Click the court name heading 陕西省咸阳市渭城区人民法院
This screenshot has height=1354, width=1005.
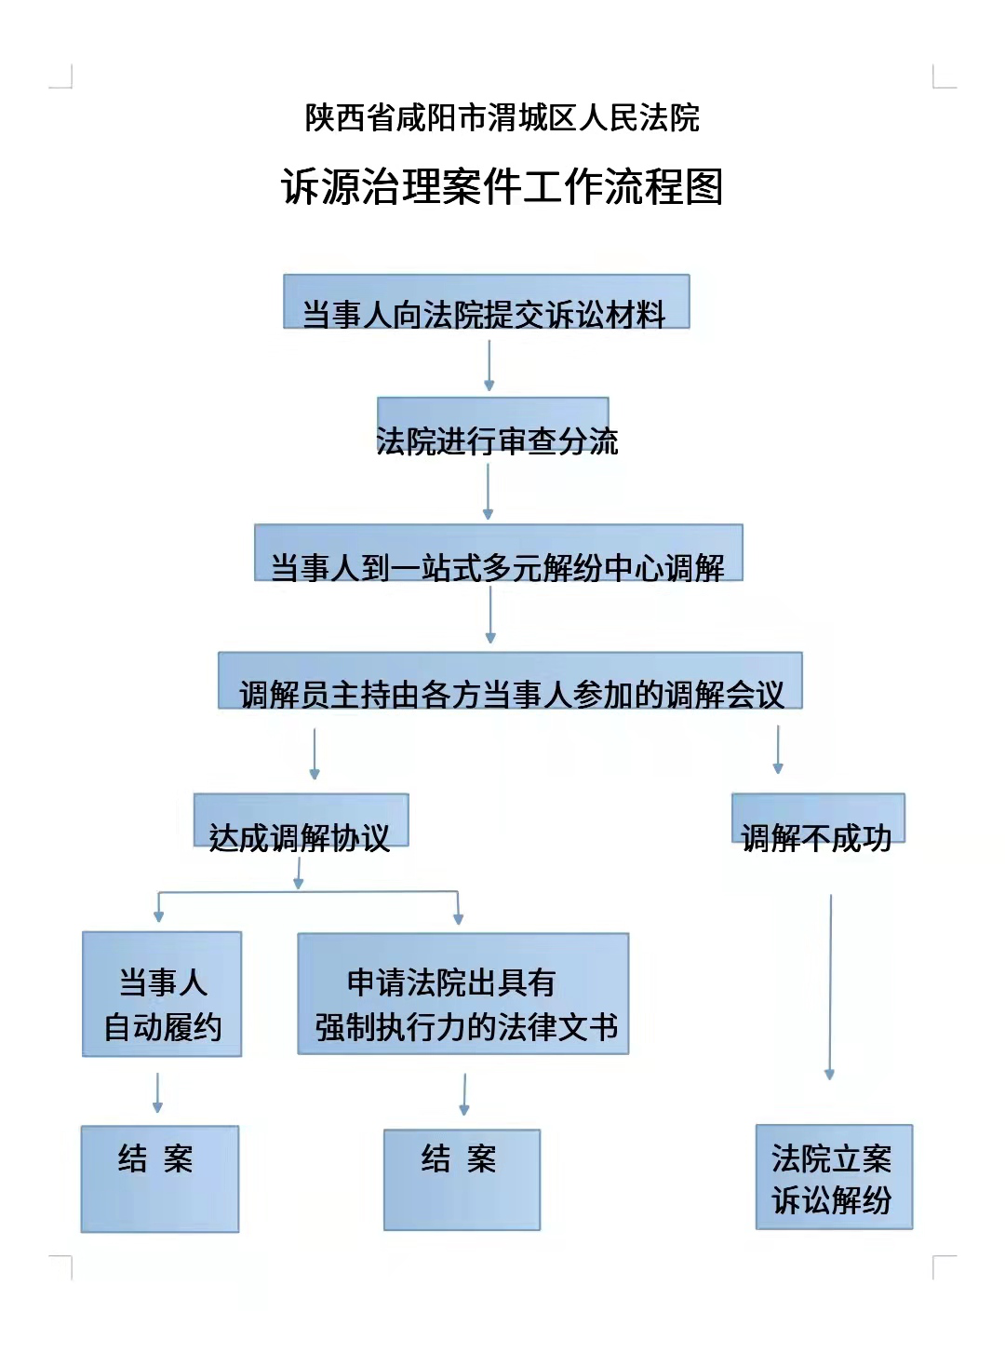coord(502,118)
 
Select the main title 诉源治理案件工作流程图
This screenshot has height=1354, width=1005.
coord(502,186)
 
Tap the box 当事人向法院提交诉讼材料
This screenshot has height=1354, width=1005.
coord(486,303)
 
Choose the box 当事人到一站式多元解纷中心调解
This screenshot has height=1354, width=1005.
coord(499,553)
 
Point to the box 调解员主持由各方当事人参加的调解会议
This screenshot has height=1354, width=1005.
coord(510,682)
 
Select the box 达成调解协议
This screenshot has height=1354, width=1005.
coord(301,821)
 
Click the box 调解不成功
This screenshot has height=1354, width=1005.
coord(818,819)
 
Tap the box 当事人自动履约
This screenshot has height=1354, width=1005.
coord(162,995)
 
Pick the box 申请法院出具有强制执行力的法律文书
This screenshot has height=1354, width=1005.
coord(463,995)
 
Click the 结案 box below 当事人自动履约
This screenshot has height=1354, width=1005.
coord(160,1179)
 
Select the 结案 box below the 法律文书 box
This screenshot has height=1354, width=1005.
coord(462,1180)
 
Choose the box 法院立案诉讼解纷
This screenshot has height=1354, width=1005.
coord(834,1178)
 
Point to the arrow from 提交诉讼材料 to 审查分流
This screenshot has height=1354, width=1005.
coord(489,365)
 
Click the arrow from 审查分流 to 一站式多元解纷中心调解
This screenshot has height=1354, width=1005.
coord(488,492)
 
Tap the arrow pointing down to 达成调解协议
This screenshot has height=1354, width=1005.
coord(315,753)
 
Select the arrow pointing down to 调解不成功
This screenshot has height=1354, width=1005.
coord(778,750)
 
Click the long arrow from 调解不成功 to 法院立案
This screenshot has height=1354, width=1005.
coord(830,987)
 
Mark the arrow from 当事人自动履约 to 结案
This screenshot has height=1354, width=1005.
coord(157,1092)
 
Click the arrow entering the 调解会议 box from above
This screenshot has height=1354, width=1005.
coord(490,615)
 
